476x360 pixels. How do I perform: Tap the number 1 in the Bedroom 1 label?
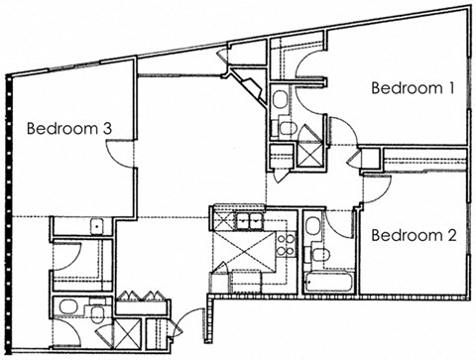pyautogui.click(x=451, y=87)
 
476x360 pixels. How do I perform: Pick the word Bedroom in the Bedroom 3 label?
pyautogui.click(x=59, y=127)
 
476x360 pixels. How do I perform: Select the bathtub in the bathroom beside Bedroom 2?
pyautogui.click(x=328, y=282)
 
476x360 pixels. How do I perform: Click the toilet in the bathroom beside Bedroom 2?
pyautogui.click(x=319, y=255)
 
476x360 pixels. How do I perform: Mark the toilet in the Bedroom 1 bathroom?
pyautogui.click(x=286, y=127)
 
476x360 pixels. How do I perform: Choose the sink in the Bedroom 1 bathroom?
pyautogui.click(x=281, y=98)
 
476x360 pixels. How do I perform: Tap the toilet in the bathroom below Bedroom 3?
pyautogui.click(x=98, y=314)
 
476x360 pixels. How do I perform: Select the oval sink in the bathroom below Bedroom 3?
pyautogui.click(x=68, y=306)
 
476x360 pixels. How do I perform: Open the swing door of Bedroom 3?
pyautogui.click(x=120, y=151)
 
